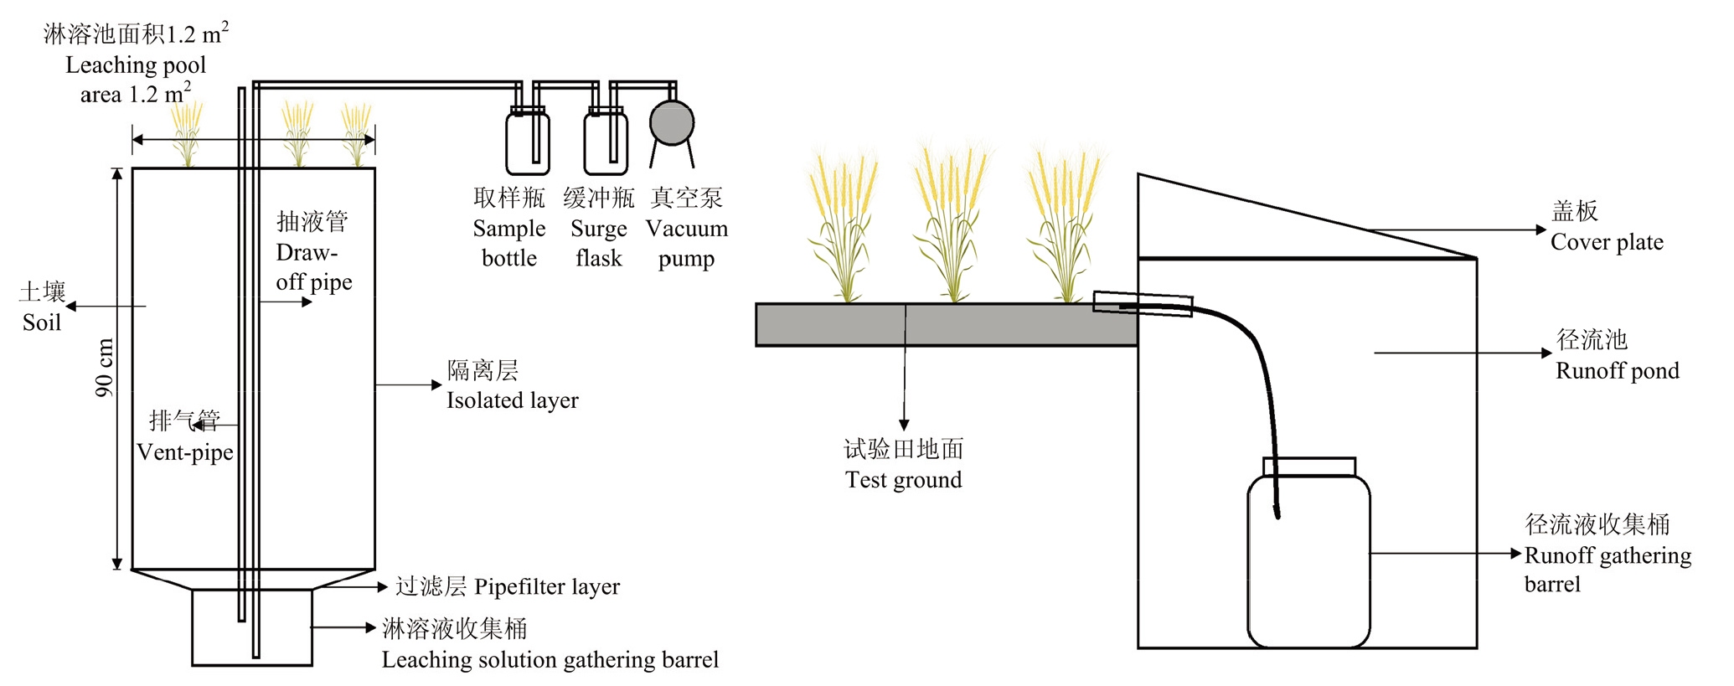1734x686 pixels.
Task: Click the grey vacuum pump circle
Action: pyautogui.click(x=671, y=122)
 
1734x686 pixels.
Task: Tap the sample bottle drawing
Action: pyautogui.click(x=527, y=144)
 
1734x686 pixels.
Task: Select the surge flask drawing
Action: pyautogui.click(x=605, y=144)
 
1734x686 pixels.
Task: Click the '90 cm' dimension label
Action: pyautogui.click(x=104, y=367)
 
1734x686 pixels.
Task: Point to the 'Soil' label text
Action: pyautogui.click(x=42, y=322)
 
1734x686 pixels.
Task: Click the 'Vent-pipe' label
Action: pyautogui.click(x=185, y=452)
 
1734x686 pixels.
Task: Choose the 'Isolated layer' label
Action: pyautogui.click(x=512, y=400)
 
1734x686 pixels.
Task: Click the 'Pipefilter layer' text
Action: pyautogui.click(x=547, y=586)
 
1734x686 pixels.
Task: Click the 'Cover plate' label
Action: pyautogui.click(x=1606, y=242)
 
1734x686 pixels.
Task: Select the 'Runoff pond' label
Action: pyautogui.click(x=1617, y=371)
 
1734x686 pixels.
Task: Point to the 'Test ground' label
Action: pyautogui.click(x=903, y=480)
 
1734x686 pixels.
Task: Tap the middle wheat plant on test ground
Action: pyautogui.click(x=952, y=226)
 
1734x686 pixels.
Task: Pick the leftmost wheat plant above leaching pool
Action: pyautogui.click(x=187, y=134)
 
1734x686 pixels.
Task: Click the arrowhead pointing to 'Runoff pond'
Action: pyautogui.click(x=1546, y=353)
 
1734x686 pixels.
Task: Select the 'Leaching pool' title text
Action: pyautogui.click(x=136, y=64)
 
